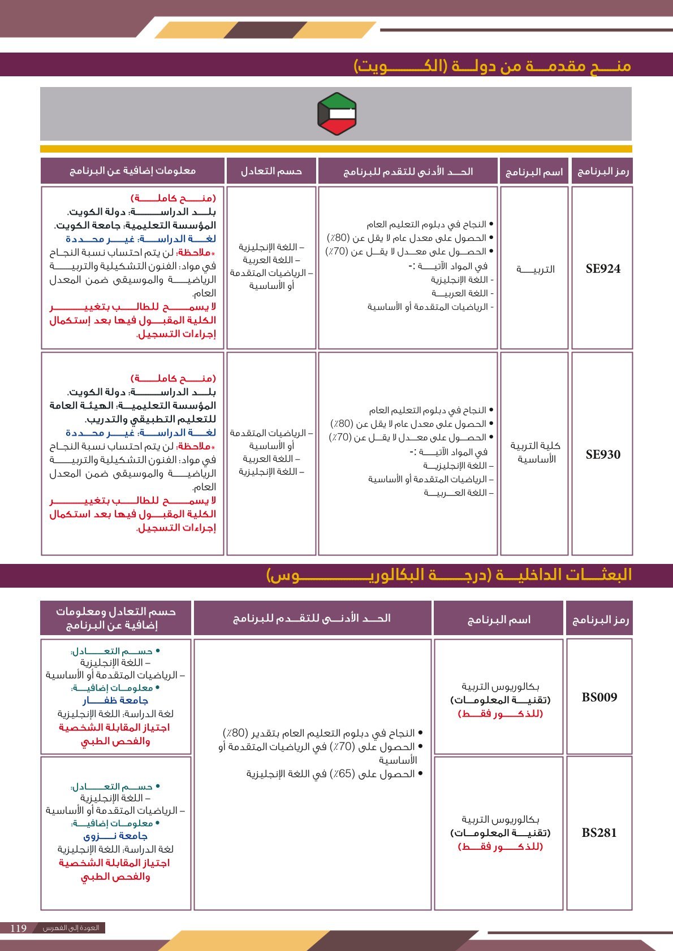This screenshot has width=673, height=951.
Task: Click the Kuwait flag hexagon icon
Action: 336,114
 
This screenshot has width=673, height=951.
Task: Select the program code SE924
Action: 603,269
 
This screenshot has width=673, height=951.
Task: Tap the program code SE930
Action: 603,454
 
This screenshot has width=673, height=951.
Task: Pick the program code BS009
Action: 599,697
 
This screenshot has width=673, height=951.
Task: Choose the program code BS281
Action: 599,832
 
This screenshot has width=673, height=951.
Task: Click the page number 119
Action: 19,928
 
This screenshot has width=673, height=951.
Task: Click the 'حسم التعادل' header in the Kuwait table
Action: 271,171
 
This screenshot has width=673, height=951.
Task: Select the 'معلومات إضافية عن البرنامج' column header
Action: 133,171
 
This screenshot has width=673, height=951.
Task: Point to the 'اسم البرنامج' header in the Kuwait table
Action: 534,172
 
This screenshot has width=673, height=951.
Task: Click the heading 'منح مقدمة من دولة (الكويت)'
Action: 492,66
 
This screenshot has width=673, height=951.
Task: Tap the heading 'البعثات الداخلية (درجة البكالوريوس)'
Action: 449,575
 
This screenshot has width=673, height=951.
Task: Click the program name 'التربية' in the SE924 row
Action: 535,270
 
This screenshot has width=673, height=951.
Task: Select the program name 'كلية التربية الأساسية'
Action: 535,453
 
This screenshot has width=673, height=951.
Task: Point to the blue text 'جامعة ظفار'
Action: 115,701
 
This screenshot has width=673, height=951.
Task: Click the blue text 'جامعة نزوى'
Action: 115,836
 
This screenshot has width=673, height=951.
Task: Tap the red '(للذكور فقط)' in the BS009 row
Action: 500,714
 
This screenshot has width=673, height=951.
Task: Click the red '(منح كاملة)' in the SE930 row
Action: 173,378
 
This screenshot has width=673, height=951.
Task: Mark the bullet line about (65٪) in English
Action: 334,774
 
